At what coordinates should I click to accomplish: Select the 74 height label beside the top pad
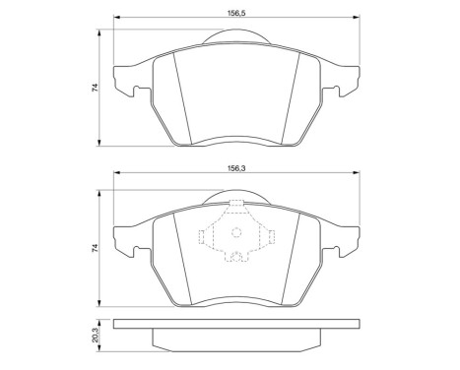96,87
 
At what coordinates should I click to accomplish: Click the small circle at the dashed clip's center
235,234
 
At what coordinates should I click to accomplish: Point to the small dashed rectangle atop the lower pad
235,205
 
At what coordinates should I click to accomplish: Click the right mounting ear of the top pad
344,82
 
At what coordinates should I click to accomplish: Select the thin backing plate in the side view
235,326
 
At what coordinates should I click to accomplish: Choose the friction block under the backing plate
235,340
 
